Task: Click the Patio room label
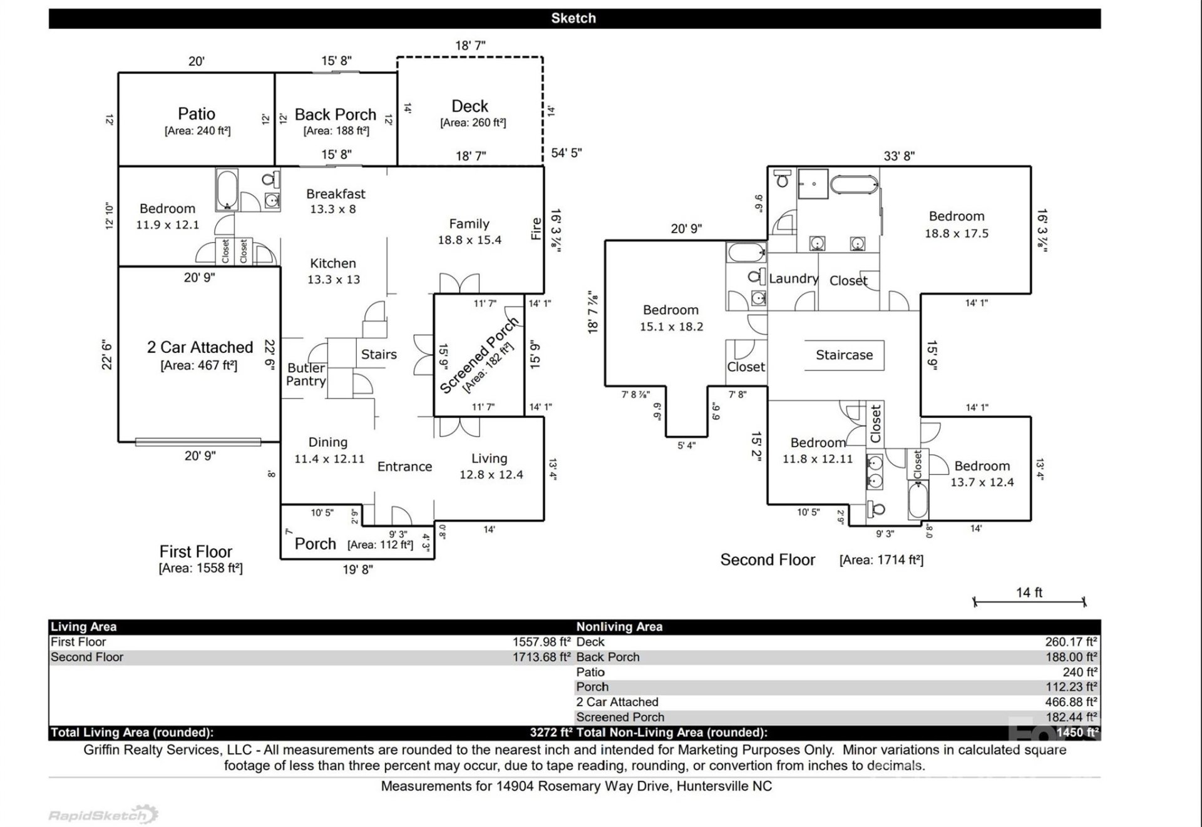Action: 197,114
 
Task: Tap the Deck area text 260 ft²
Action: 473,123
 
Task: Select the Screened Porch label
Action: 480,355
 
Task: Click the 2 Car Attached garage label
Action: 200,348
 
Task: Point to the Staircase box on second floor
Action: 844,355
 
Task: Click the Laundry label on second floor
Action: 793,279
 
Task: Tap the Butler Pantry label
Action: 306,375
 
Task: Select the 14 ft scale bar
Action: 1029,601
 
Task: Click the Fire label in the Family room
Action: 536,229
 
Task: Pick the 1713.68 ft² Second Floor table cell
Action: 541,657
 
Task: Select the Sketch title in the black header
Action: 573,19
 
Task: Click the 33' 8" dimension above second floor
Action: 899,156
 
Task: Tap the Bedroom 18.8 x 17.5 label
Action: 957,225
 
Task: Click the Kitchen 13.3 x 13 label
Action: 333,271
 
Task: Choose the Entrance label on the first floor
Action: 404,467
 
